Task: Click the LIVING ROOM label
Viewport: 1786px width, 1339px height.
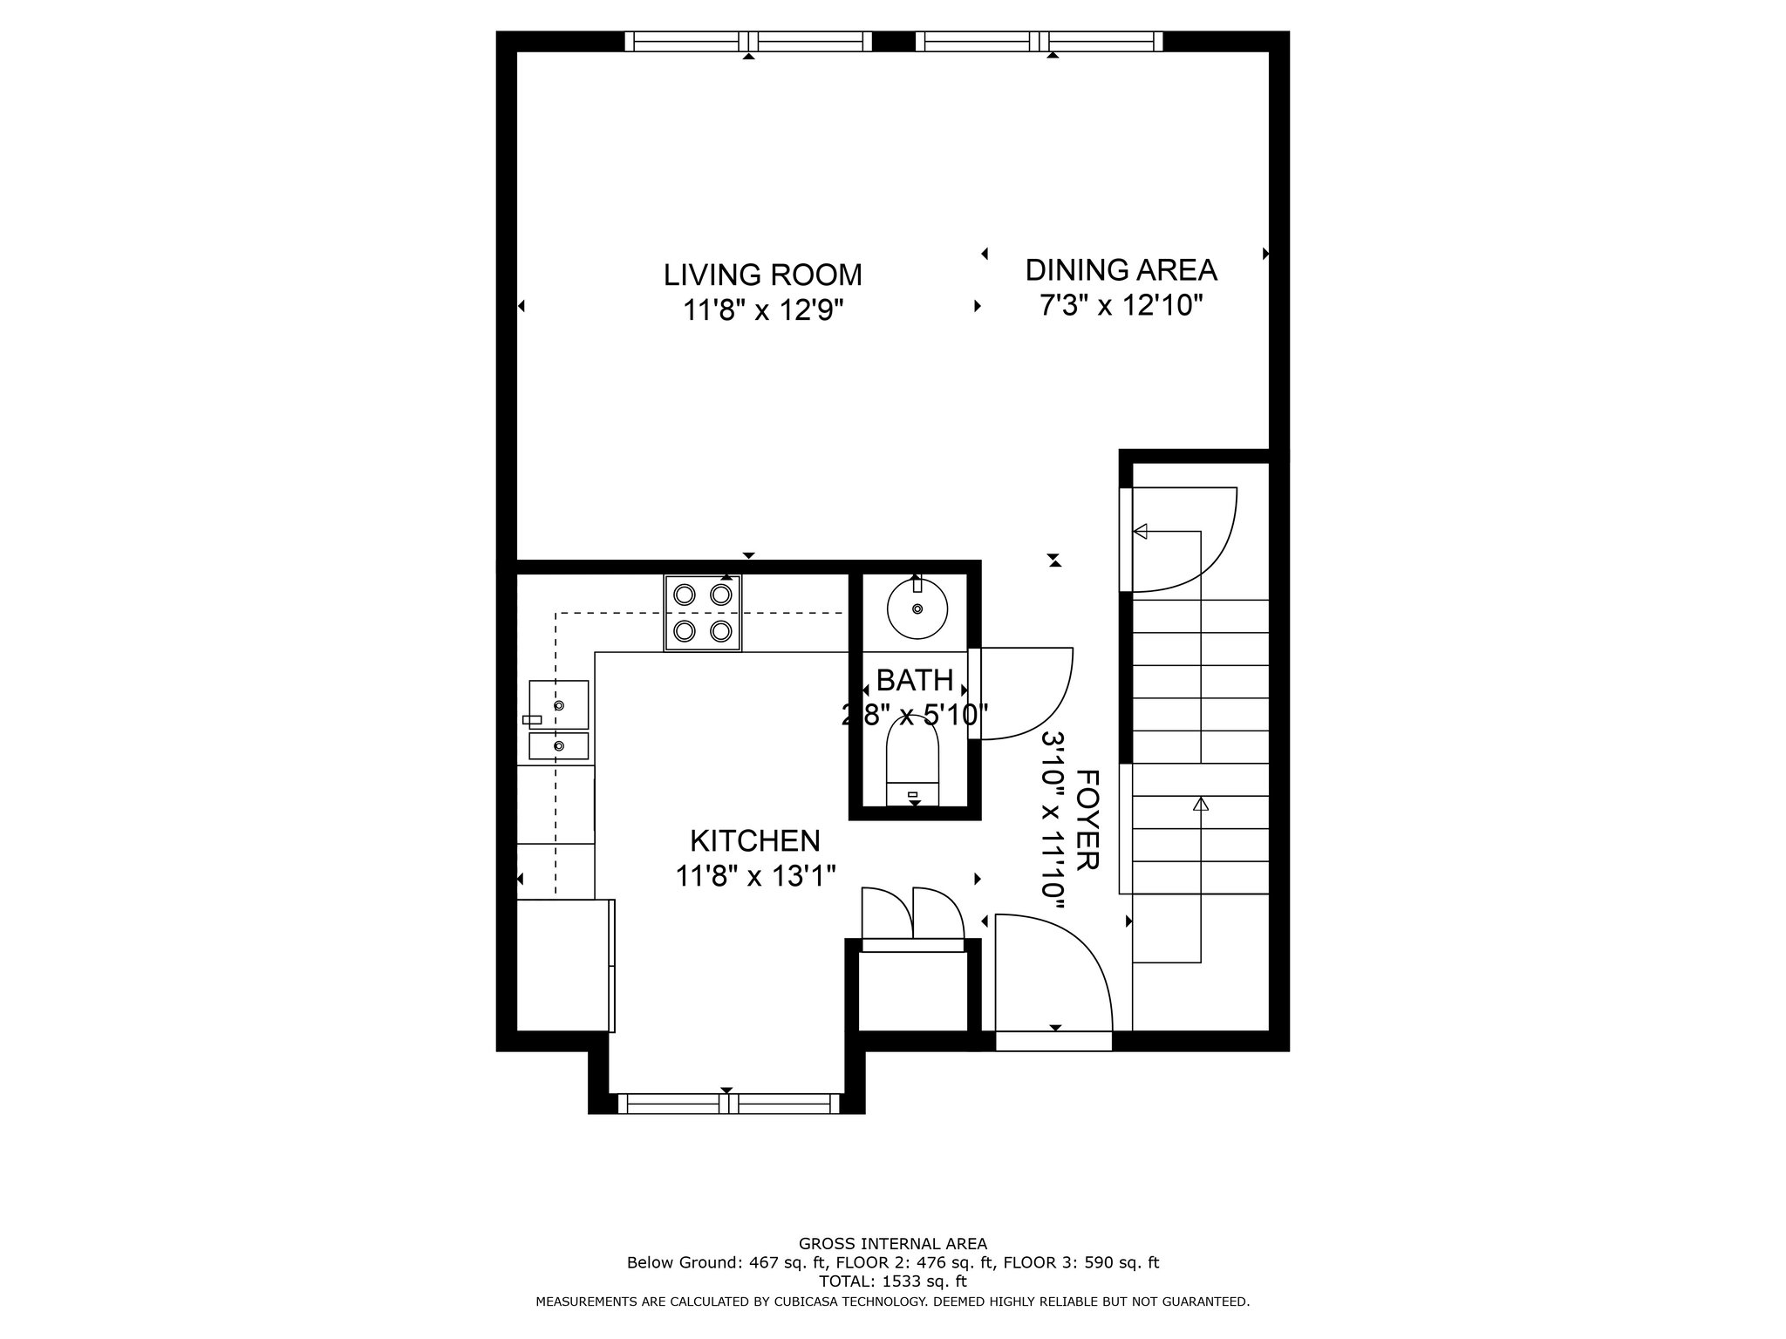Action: click(x=763, y=275)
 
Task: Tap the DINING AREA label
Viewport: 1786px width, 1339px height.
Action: click(x=1121, y=270)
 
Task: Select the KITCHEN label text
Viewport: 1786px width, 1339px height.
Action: click(x=755, y=840)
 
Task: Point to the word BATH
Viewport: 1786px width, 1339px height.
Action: click(x=915, y=680)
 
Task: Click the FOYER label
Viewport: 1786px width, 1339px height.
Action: click(x=1087, y=819)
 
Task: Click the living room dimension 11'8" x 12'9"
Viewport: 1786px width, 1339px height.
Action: click(x=764, y=310)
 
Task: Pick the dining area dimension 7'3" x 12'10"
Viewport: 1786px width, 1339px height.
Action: click(x=1121, y=306)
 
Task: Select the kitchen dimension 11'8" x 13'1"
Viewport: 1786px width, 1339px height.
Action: click(x=756, y=875)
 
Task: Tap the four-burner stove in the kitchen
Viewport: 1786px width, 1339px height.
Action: click(x=703, y=613)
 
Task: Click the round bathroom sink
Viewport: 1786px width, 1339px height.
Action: click(x=917, y=608)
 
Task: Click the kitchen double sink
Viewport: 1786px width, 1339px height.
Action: click(x=558, y=719)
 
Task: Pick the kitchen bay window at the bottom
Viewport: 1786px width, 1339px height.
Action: click(x=727, y=1104)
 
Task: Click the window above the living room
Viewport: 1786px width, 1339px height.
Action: click(x=748, y=41)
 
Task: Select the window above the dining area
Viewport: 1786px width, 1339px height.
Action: click(x=1039, y=41)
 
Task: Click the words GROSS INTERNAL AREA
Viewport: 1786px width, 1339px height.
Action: click(x=893, y=1244)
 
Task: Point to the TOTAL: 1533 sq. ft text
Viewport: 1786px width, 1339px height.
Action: click(x=893, y=1281)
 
